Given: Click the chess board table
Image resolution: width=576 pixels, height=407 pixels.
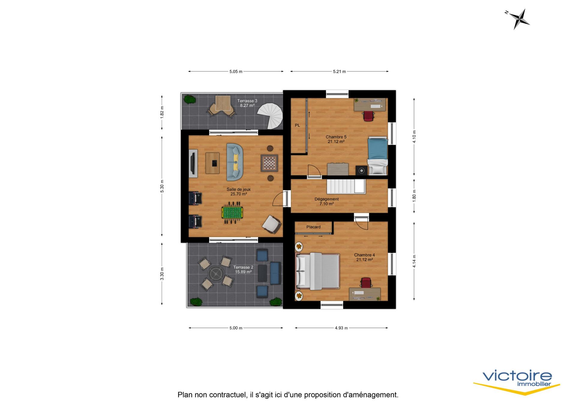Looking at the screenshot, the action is click(269, 163).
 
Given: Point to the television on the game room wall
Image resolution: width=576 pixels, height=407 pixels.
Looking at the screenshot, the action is click(193, 163).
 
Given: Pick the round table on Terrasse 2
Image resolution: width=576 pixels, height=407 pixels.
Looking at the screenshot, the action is click(216, 273).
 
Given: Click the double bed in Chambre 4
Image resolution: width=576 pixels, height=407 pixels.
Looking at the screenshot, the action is click(318, 271).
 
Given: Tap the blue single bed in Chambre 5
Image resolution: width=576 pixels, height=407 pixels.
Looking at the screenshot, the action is click(378, 156).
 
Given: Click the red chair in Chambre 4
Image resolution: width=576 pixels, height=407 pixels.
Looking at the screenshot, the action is click(366, 282).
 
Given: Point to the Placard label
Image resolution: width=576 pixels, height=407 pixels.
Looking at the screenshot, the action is click(313, 227).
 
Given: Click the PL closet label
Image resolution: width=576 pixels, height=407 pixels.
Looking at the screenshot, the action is click(297, 125).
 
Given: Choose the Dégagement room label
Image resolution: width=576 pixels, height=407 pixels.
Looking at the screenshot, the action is click(327, 199).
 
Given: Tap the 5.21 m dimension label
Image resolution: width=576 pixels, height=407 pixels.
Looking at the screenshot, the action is click(339, 72).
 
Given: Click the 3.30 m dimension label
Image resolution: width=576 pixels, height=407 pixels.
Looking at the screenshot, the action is click(162, 274).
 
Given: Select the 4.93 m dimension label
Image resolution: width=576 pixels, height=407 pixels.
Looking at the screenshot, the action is click(341, 328).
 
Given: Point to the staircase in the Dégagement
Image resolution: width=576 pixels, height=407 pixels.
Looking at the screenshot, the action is click(346, 186).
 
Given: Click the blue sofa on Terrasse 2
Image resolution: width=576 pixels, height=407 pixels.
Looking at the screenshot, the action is click(276, 273).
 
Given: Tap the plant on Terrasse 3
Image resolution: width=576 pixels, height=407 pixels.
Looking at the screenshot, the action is click(189, 99).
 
